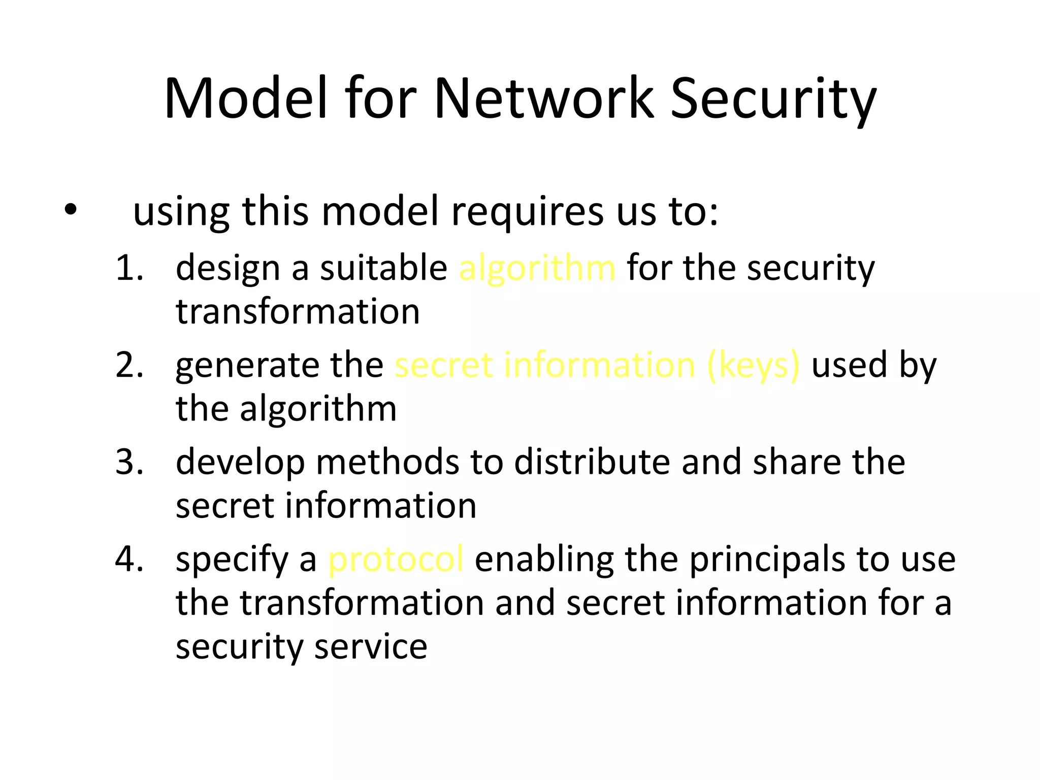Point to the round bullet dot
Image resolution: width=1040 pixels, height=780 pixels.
pos(71,210)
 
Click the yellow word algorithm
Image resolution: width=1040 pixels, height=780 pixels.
pos(537,269)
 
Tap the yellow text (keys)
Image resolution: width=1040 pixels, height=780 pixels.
pos(753,366)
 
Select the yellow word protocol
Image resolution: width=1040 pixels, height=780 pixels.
pos(396,560)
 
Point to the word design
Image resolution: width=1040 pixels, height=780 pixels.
pos(227,269)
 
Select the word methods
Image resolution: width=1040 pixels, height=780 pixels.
pos(387,462)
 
